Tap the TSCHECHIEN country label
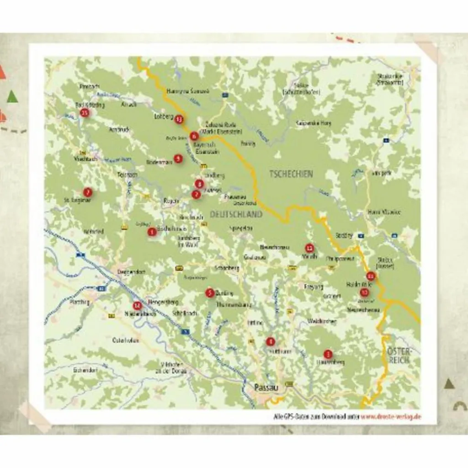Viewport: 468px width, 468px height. [x=291, y=174]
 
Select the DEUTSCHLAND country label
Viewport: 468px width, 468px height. [x=236, y=214]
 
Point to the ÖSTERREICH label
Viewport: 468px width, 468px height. [x=399, y=356]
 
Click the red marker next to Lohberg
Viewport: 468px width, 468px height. [x=179, y=120]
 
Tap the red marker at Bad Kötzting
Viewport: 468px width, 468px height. [x=84, y=112]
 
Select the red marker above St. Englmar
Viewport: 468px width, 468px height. [x=87, y=192]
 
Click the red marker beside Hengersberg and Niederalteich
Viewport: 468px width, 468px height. [x=137, y=306]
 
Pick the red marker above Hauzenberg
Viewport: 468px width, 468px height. [x=328, y=354]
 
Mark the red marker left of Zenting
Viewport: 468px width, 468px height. [x=210, y=293]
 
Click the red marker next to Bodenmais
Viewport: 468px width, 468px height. [x=178, y=159]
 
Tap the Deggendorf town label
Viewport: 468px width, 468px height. [x=131, y=272]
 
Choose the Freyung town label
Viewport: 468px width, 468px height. [x=314, y=287]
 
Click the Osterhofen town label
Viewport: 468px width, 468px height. [x=126, y=340]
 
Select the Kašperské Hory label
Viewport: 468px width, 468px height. [x=314, y=123]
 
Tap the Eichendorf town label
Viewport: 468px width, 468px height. [x=85, y=370]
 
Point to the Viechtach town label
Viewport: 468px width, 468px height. [x=85, y=159]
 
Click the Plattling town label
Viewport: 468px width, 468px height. [x=79, y=302]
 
